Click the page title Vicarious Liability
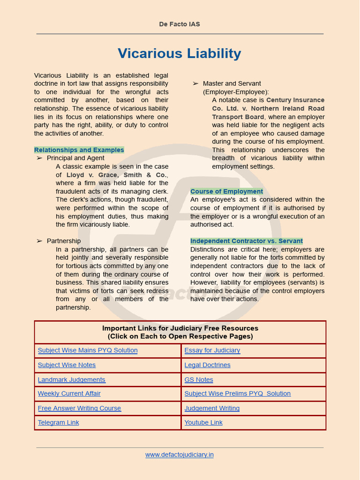(180, 53)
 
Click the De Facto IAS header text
(180, 24)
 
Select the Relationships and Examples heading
(79, 150)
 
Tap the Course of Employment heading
(226, 191)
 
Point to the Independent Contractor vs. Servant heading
(246, 241)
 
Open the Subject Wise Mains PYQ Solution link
(88, 350)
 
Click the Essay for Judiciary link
(212, 350)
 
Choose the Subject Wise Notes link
(67, 365)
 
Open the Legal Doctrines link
(207, 365)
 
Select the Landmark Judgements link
(71, 380)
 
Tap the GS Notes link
(199, 380)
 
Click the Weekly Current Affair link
(69, 393)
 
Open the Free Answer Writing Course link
(79, 408)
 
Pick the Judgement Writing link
(212, 408)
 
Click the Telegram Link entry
(58, 422)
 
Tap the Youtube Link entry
(203, 422)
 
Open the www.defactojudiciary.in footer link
(180, 454)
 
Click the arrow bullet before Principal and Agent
(39, 158)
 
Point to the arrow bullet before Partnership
(39, 241)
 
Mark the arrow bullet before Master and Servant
(195, 83)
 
